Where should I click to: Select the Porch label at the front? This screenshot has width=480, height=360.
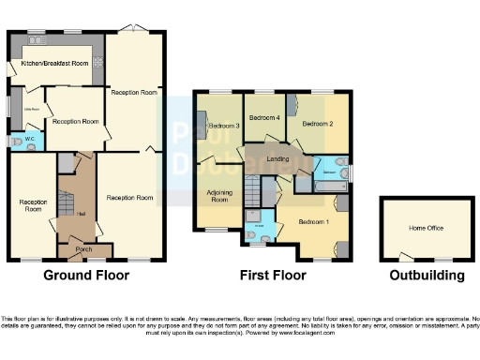pyautogui.click(x=83, y=248)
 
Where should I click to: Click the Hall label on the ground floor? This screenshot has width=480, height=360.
pyautogui.click(x=82, y=214)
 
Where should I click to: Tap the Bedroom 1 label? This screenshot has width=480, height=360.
pyautogui.click(x=314, y=221)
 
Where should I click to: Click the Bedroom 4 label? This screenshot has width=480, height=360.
pyautogui.click(x=266, y=117)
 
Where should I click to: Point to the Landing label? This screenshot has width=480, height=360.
pyautogui.click(x=278, y=157)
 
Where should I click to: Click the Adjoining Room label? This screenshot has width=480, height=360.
pyautogui.click(x=218, y=197)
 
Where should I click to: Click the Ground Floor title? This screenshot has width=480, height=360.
pyautogui.click(x=86, y=276)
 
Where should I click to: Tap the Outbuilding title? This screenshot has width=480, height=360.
pyautogui.click(x=427, y=276)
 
